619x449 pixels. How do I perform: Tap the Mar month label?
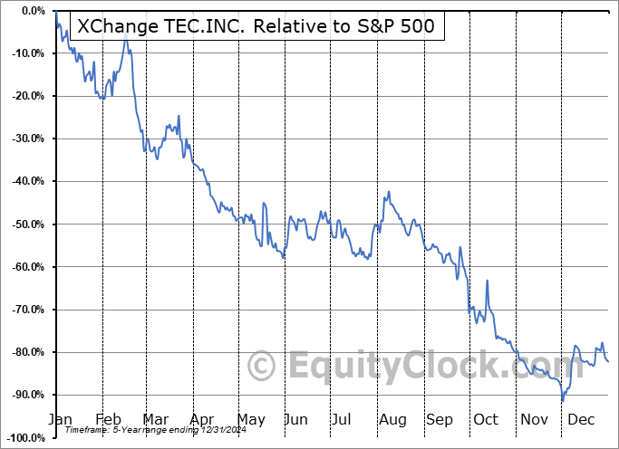(x=155, y=420)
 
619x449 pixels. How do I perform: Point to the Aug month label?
(x=392, y=420)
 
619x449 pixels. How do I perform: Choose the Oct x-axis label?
(x=486, y=420)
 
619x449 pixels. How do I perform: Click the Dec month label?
(x=580, y=420)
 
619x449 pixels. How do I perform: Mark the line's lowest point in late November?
(x=563, y=400)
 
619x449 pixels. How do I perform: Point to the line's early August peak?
(x=389, y=192)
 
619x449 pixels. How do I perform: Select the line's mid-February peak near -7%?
(x=126, y=42)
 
